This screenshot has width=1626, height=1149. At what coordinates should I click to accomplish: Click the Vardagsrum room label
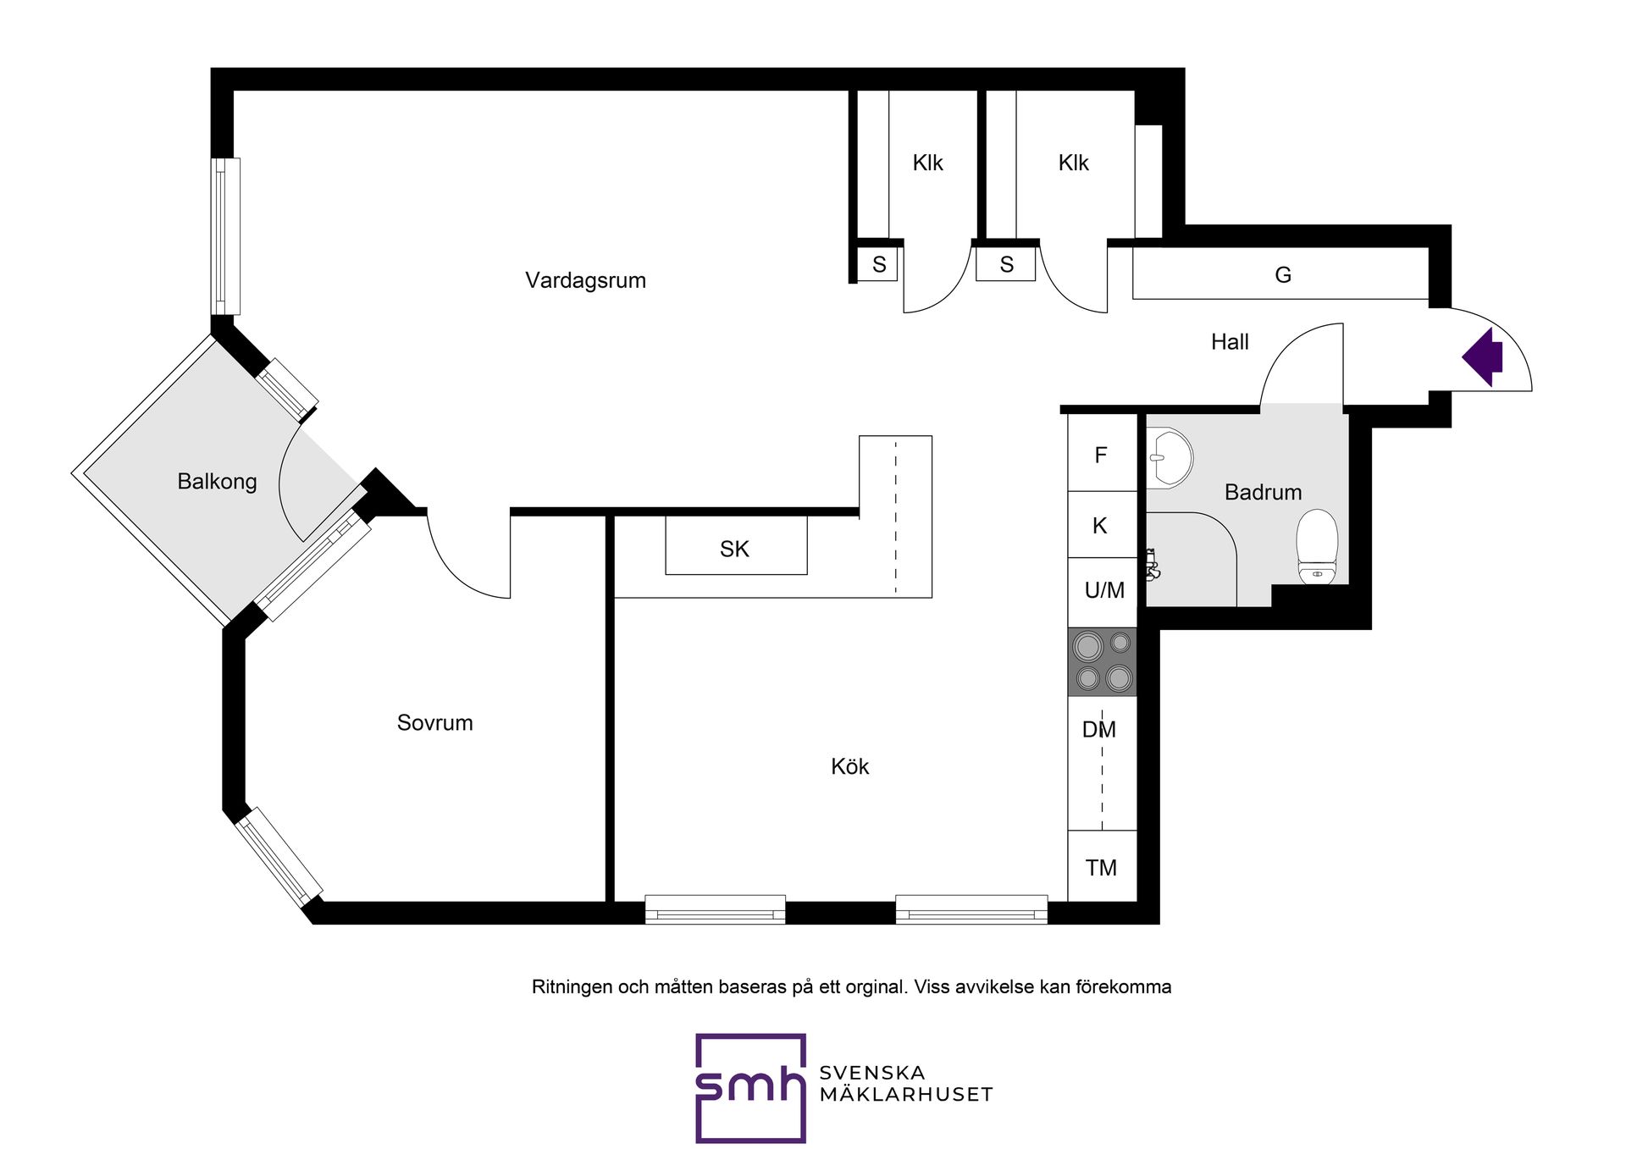pyautogui.click(x=585, y=280)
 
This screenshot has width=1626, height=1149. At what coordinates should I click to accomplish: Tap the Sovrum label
pyautogui.click(x=434, y=722)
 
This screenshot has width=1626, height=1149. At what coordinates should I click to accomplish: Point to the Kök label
pyautogui.click(x=849, y=766)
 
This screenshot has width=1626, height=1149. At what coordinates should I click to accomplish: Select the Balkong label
pyautogui.click(x=217, y=482)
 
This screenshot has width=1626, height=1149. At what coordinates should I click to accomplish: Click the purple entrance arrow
pyautogui.click(x=1482, y=357)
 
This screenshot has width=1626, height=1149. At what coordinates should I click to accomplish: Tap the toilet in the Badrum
pyautogui.click(x=1317, y=546)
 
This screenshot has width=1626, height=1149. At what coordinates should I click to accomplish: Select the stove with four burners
pyautogui.click(x=1102, y=661)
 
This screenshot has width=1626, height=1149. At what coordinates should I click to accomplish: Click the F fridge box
pyautogui.click(x=1102, y=453)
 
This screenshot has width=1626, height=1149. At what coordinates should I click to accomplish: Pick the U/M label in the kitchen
pyautogui.click(x=1104, y=590)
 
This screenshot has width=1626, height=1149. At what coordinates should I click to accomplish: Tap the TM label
pyautogui.click(x=1101, y=868)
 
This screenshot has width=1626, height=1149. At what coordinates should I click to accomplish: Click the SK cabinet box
pyautogui.click(x=736, y=545)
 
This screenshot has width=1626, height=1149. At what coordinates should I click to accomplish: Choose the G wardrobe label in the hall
pyautogui.click(x=1283, y=274)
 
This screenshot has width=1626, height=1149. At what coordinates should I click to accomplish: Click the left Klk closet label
pyautogui.click(x=927, y=163)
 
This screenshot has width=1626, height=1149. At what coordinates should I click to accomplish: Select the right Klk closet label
pyautogui.click(x=1073, y=163)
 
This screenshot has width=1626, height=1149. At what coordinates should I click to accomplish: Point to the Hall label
pyautogui.click(x=1230, y=342)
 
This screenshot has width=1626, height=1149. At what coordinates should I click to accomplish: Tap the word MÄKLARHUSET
pyautogui.click(x=906, y=1095)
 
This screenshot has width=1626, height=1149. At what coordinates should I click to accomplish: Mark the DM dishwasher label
pyautogui.click(x=1099, y=729)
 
